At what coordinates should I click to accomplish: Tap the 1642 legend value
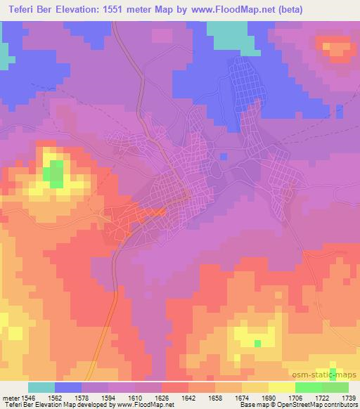coord(188,397)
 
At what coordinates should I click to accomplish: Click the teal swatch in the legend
coord(41,387)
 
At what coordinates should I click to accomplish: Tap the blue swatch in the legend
coord(68,387)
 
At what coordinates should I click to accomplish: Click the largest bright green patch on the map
coord(53,172)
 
